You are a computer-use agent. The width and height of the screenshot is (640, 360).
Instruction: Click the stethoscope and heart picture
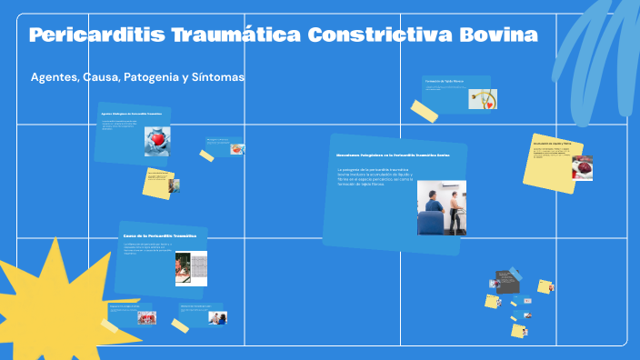pos(482,98)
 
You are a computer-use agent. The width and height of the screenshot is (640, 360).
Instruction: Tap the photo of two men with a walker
pos(441,207)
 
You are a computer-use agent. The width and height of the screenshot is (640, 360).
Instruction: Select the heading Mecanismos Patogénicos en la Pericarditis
pos(393,155)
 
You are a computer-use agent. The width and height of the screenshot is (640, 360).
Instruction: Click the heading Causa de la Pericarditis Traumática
pos(160,235)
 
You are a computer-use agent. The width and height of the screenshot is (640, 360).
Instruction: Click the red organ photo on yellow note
pos(582,167)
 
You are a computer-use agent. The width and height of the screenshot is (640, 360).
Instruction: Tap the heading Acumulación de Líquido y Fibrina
pos(552,144)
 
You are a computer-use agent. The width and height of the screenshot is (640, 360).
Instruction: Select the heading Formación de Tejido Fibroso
pos(445,81)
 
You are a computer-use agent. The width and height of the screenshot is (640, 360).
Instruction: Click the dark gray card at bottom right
pos(505,277)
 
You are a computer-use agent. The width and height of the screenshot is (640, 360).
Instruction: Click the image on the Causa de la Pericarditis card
pos(191,268)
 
